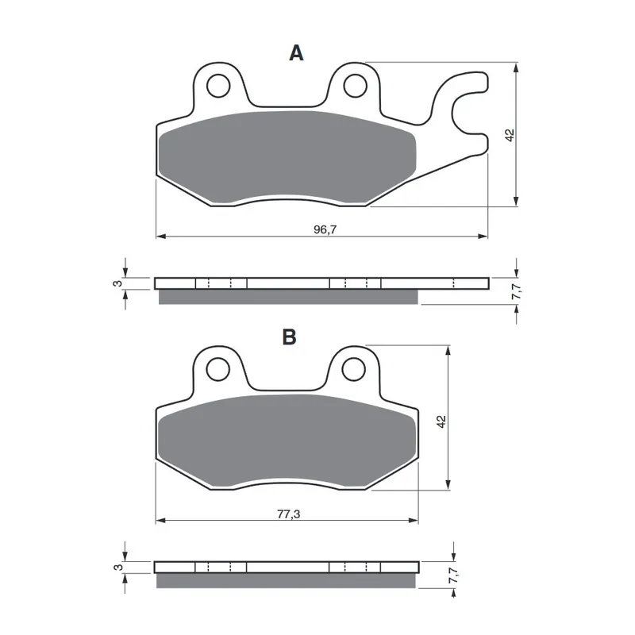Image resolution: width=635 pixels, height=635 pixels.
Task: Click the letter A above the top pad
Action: pyautogui.click(x=296, y=53)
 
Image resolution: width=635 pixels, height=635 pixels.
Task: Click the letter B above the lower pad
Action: pyautogui.click(x=290, y=337)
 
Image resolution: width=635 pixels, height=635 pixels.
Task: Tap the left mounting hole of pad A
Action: pyautogui.click(x=218, y=86)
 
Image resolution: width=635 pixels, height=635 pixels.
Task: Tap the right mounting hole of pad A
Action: pyautogui.click(x=355, y=86)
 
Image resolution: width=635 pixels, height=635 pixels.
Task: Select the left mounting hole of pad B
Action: pyautogui.click(x=217, y=369)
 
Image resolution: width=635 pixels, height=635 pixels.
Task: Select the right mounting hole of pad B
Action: pyautogui.click(x=354, y=369)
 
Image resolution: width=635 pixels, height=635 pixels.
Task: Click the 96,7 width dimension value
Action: pyautogui.click(x=325, y=229)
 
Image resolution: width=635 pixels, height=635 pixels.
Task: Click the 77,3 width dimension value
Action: pyautogui.click(x=289, y=514)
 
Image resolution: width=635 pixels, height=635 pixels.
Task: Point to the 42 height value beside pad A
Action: pyautogui.click(x=510, y=135)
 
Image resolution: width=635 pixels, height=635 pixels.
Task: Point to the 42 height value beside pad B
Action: pyautogui.click(x=441, y=421)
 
